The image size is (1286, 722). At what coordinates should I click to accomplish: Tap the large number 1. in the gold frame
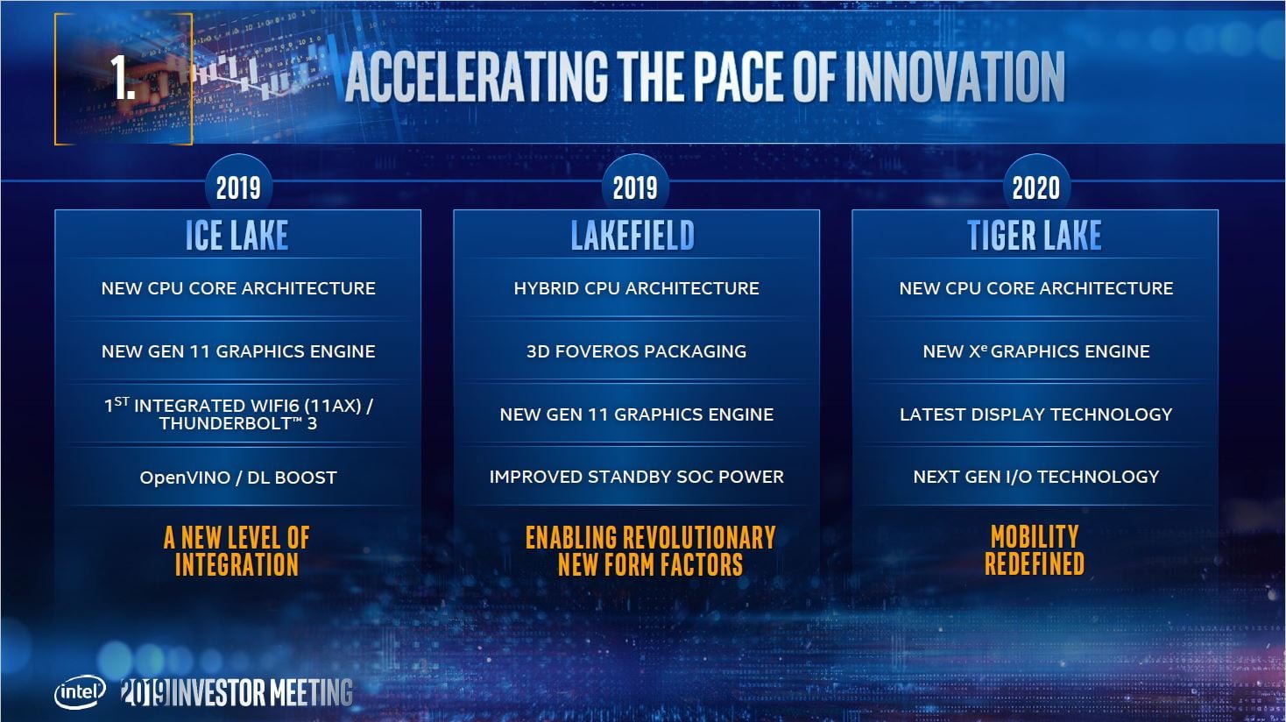[123, 77]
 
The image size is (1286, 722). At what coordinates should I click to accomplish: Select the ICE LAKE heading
[237, 236]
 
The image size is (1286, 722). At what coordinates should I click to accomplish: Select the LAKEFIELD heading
[632, 236]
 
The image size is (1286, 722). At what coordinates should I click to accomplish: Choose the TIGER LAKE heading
[1035, 236]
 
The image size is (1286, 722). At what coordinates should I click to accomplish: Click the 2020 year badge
[1035, 188]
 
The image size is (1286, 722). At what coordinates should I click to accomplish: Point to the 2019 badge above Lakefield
[635, 188]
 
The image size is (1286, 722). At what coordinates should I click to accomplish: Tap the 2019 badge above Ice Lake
[238, 188]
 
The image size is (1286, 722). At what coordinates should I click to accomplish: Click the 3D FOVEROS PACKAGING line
[636, 351]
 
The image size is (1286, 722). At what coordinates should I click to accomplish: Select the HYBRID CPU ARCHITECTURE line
[636, 288]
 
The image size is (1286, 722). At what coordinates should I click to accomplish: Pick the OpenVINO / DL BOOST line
[238, 478]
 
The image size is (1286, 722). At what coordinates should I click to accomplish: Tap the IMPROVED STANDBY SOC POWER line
[636, 477]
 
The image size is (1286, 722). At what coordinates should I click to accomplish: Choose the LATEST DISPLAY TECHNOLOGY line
[1035, 414]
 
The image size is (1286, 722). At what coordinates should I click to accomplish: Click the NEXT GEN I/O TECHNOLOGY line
[1035, 477]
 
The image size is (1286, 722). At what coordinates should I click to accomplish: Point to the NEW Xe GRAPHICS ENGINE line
[1035, 351]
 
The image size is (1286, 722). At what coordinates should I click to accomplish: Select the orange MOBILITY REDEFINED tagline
[1035, 549]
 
